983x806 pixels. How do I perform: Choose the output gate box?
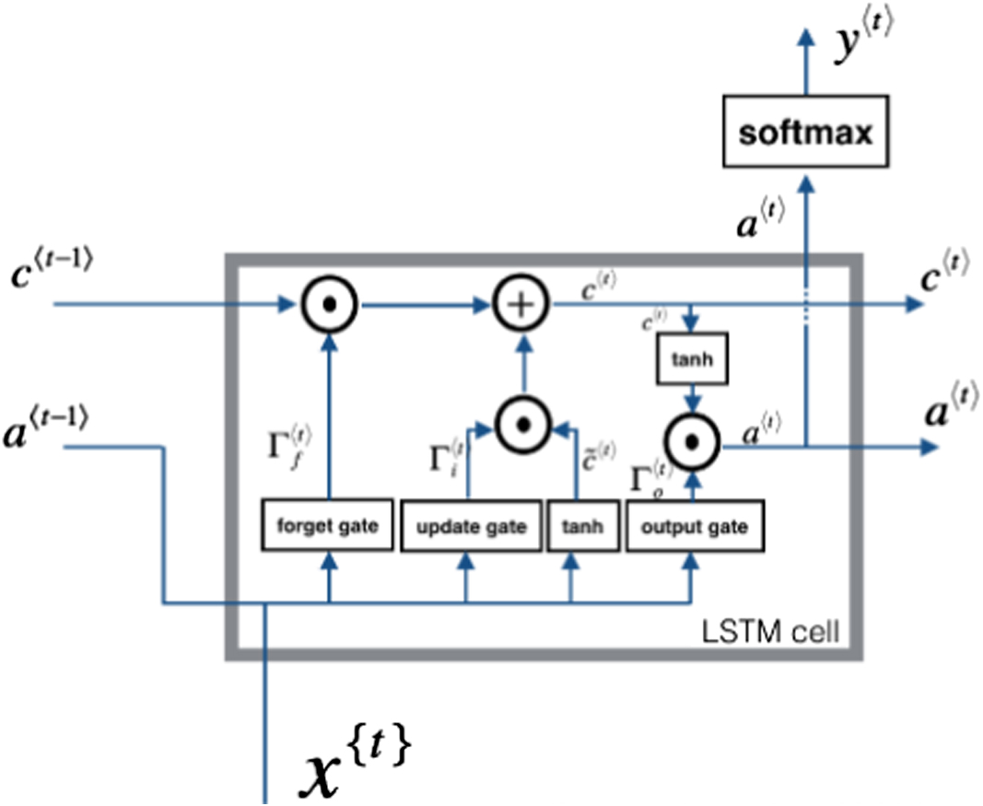[694, 527]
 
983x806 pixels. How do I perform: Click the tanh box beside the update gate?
[582, 527]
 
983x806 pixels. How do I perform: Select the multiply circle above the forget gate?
[328, 303]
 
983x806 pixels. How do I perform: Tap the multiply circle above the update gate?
[521, 425]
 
